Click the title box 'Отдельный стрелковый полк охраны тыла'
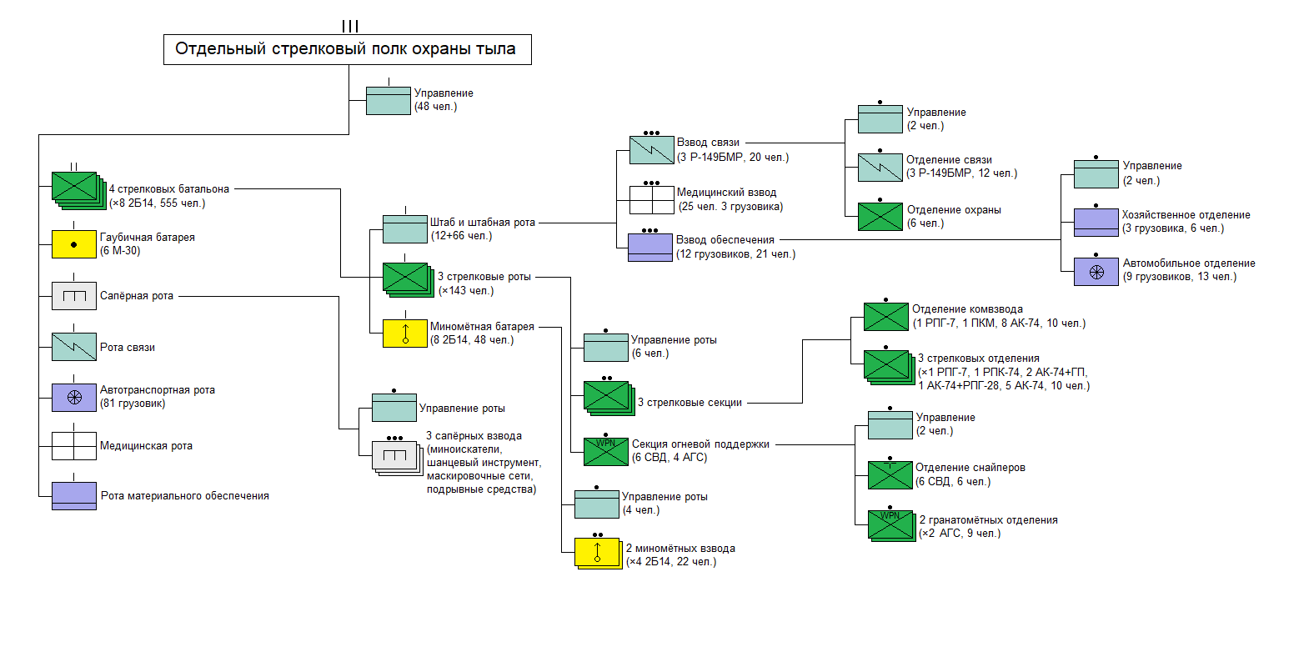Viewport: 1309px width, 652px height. (347, 49)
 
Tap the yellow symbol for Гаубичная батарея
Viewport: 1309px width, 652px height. (74, 244)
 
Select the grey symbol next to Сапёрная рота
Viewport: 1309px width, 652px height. (74, 296)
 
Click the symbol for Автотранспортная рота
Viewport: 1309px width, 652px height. (74, 398)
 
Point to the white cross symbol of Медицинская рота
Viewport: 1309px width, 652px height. (74, 446)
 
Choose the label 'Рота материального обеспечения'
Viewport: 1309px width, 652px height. (184, 496)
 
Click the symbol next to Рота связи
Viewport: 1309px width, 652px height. (74, 347)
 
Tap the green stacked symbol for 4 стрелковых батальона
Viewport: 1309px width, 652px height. (77, 189)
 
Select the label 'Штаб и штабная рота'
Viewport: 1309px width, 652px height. (482, 223)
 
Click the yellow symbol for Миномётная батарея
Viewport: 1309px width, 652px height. (405, 334)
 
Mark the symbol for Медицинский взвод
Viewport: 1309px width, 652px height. (651, 199)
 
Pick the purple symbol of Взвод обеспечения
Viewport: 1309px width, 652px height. (649, 248)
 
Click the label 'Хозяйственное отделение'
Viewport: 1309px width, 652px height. (1186, 215)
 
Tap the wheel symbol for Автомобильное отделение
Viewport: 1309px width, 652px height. (1096, 272)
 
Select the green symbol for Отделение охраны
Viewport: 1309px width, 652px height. (880, 217)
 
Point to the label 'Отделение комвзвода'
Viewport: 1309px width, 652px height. (967, 309)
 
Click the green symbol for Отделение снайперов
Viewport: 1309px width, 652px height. (890, 475)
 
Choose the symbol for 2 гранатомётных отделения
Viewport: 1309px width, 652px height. (891, 524)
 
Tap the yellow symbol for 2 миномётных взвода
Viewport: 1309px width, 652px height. (597, 553)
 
